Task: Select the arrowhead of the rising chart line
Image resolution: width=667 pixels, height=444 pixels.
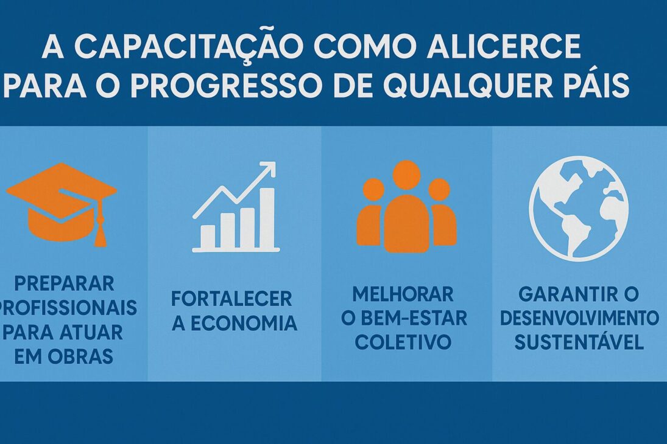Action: pos(268,168)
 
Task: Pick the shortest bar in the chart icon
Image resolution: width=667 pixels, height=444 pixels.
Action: pos(208,237)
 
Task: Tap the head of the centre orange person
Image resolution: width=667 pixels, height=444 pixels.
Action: pos(406,175)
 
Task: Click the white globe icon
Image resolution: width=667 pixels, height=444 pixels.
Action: pos(578,208)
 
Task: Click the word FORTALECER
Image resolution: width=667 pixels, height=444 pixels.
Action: pos(231,299)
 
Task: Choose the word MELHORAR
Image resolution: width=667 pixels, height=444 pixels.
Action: pos(403,294)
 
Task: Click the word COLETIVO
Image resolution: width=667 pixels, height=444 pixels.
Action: pos(403,342)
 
